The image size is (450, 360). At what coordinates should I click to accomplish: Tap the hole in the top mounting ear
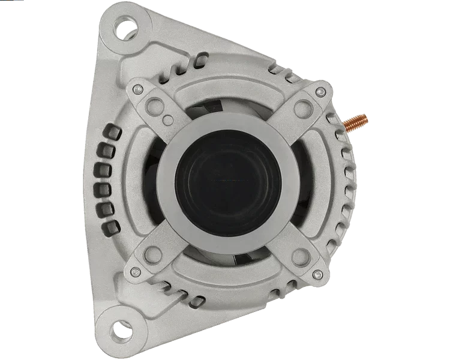(x=127, y=28)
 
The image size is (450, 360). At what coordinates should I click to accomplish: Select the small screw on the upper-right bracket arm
(x=321, y=92)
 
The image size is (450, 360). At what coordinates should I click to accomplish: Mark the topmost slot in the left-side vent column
(x=110, y=131)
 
